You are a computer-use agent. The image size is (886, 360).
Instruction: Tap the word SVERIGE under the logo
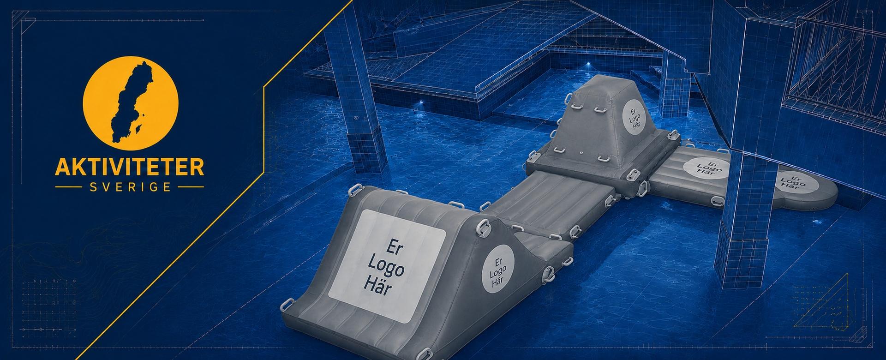click(129, 187)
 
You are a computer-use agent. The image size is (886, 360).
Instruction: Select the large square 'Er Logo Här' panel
click(387, 266)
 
